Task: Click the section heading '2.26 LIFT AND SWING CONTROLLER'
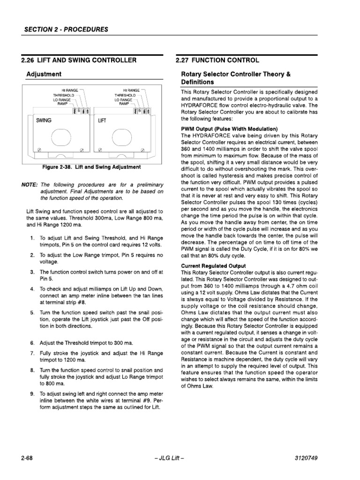click(79, 60)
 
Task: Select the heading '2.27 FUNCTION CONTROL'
click(217, 60)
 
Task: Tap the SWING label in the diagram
click(43, 120)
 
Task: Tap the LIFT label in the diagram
click(102, 120)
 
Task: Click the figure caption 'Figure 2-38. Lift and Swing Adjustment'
click(91, 167)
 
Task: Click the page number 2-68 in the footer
click(27, 457)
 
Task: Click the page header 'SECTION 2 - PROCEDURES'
click(66, 29)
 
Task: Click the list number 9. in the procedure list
click(32, 394)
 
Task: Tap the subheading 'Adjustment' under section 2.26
click(44, 74)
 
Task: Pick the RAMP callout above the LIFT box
click(124, 104)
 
